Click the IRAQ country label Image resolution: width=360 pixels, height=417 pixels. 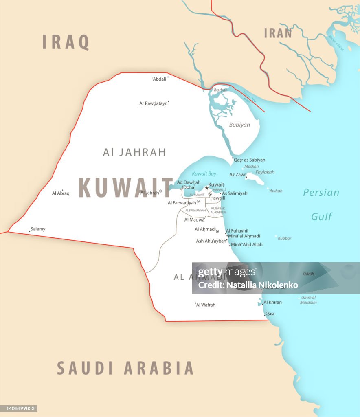[66, 42]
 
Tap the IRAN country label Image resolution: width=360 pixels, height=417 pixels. [278, 33]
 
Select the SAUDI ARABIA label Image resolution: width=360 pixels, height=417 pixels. [125, 368]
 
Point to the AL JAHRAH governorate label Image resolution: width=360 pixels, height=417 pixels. [134, 152]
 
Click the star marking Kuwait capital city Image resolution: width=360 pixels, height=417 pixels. [206, 188]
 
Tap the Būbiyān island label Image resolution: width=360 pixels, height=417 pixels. [239, 125]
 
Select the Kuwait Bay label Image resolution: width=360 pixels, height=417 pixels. [204, 174]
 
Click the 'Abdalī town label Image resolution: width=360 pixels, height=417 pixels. [159, 79]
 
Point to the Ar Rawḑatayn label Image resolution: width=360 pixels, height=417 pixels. [153, 103]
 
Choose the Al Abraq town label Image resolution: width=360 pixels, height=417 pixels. [61, 193]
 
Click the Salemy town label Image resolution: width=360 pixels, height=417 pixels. [38, 229]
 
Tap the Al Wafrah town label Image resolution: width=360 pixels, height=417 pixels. [206, 305]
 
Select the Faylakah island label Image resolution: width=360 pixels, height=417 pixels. [265, 172]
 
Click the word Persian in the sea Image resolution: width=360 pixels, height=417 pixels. [321, 193]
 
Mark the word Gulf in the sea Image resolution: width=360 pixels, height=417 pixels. [322, 217]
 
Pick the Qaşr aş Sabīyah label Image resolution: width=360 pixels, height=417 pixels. [249, 160]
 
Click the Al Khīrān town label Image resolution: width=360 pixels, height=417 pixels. [272, 302]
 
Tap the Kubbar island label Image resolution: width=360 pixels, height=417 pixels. [285, 238]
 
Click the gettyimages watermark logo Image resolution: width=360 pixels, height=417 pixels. [227, 272]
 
